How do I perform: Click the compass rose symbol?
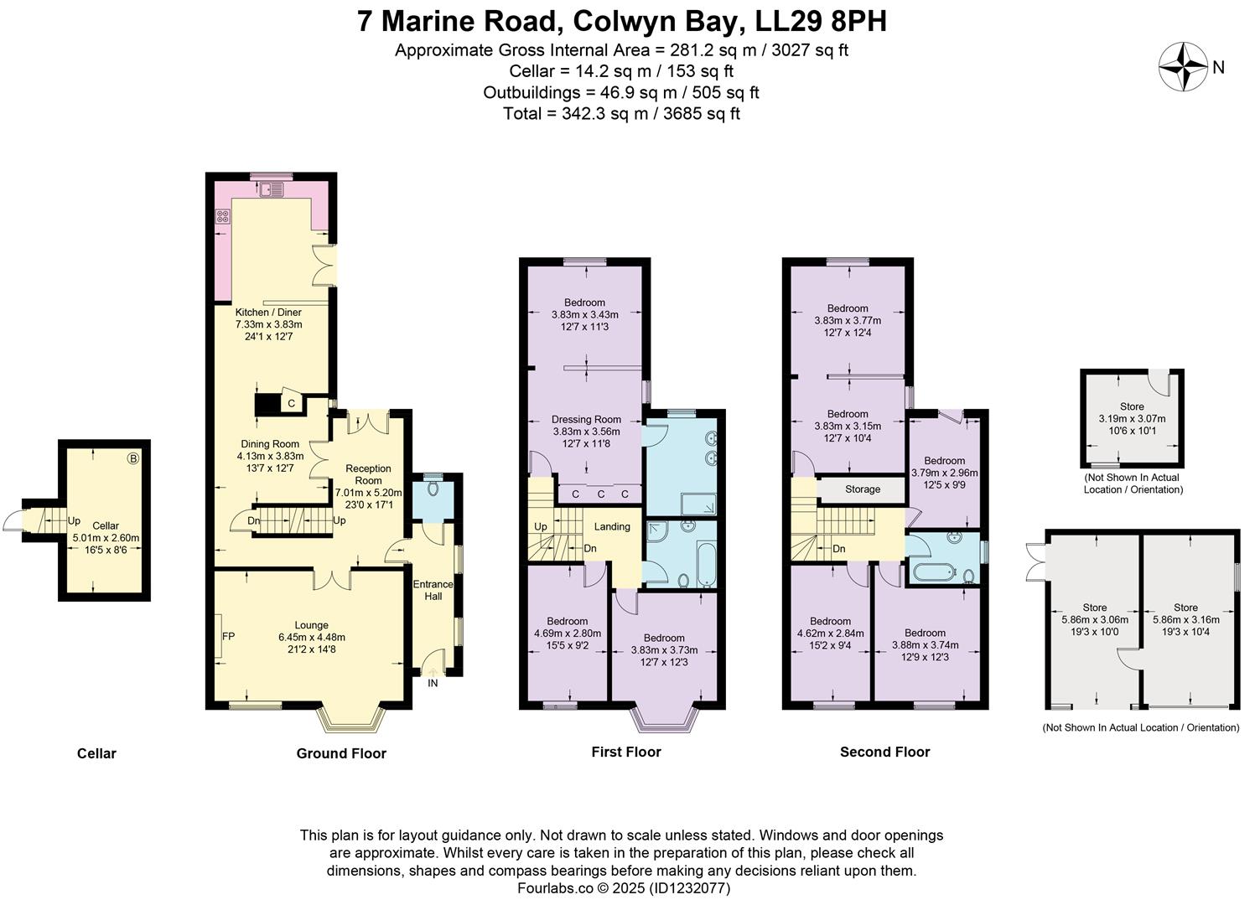click(x=1183, y=68)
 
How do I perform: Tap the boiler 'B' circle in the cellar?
click(x=132, y=458)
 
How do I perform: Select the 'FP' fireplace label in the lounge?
click(x=228, y=636)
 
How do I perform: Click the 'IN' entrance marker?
click(x=433, y=683)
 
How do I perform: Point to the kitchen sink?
click(x=271, y=190)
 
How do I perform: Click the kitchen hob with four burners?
click(x=223, y=216)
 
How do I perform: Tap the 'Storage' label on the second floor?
click(x=862, y=489)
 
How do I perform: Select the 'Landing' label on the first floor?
click(x=612, y=526)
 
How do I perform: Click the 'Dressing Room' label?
click(x=586, y=419)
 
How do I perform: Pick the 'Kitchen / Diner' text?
click(x=268, y=312)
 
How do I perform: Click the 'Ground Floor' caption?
click(x=341, y=753)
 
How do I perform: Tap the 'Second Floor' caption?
click(x=884, y=752)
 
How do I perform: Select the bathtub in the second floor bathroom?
click(x=933, y=573)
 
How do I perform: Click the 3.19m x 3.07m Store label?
click(x=1132, y=418)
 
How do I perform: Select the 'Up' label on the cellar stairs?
click(x=74, y=520)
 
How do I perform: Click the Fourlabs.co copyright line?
click(x=624, y=888)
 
